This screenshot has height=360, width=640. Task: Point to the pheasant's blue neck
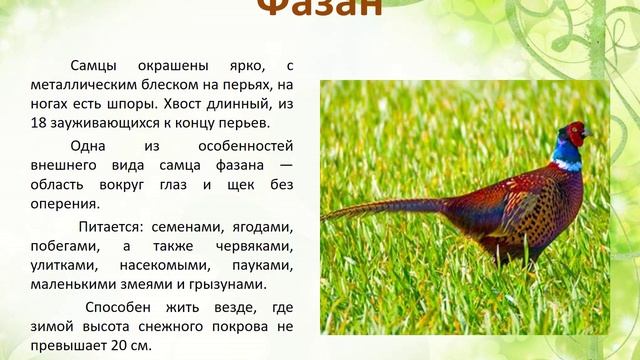(567, 155)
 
